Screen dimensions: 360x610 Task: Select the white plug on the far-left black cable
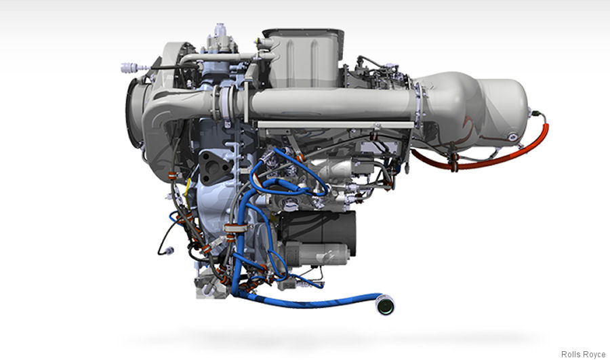(127, 67)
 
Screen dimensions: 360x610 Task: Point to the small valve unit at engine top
(219, 41)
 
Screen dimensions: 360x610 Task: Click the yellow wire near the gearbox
(192, 178)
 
